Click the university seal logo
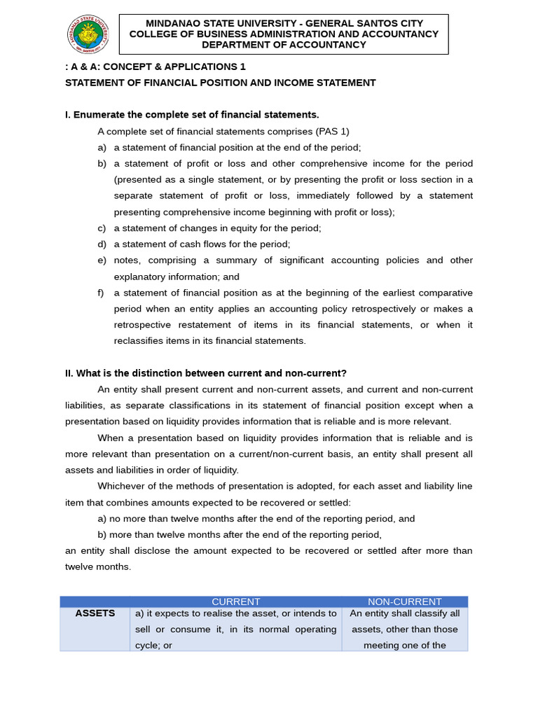(88, 34)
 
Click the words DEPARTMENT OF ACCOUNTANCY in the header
(284, 45)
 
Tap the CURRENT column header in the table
(235, 601)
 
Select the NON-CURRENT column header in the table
(405, 601)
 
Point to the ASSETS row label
(95, 613)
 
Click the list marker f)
(102, 293)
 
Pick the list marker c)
(102, 228)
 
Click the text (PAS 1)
(332, 132)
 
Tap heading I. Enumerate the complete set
(192, 115)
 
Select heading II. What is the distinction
(206, 373)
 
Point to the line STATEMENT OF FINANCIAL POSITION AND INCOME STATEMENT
(220, 83)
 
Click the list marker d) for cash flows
(102, 244)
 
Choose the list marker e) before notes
(102, 260)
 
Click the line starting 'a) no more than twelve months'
(256, 519)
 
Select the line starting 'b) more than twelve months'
(240, 535)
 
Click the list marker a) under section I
(102, 148)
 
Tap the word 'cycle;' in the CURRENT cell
(149, 646)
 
